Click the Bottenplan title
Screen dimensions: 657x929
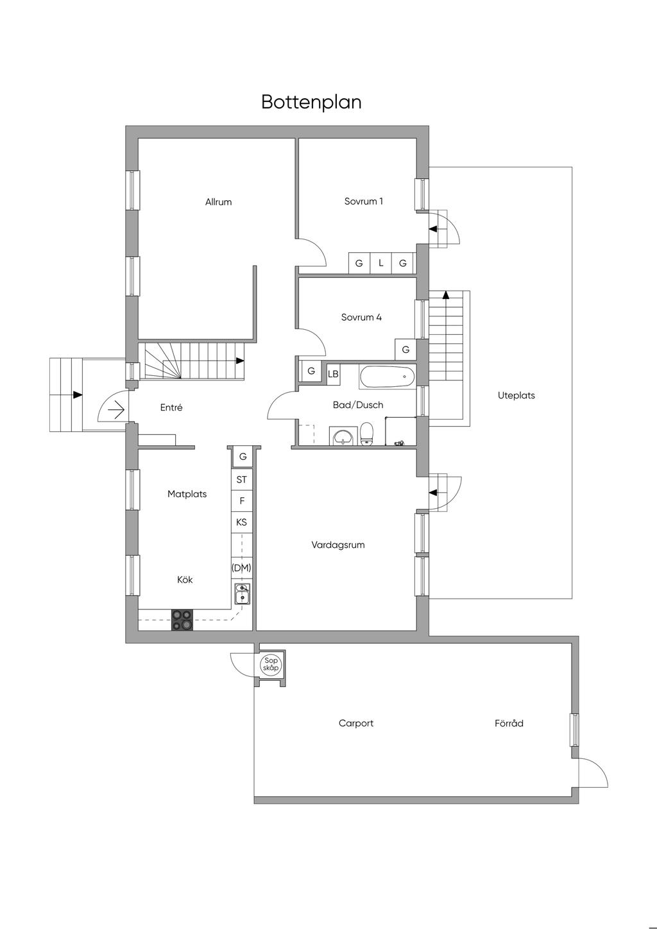click(311, 102)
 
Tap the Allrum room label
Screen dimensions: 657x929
click(218, 202)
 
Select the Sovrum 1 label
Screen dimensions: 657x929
click(363, 201)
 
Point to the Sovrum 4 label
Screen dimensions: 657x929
click(361, 318)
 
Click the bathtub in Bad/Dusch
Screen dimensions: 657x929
click(387, 377)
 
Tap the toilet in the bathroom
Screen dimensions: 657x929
click(367, 434)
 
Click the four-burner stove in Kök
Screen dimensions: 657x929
click(182, 619)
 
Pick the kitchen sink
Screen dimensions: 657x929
click(242, 594)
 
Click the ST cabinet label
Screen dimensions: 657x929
click(242, 479)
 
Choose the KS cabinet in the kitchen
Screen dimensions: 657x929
click(242, 522)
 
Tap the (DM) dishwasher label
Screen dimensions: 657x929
click(242, 568)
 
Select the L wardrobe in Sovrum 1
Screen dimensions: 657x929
click(381, 263)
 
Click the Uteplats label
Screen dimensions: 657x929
click(516, 396)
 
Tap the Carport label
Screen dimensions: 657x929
click(356, 724)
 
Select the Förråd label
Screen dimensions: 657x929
click(509, 724)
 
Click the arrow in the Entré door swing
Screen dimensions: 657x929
click(117, 409)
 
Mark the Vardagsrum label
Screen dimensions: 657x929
click(338, 545)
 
